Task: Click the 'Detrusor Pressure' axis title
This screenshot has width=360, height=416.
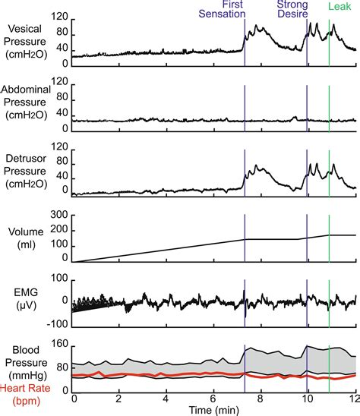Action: (x=29, y=174)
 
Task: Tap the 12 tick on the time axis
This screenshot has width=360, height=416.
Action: (x=354, y=399)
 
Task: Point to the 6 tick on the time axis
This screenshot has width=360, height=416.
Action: (x=213, y=399)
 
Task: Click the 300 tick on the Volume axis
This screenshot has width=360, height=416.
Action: (x=58, y=216)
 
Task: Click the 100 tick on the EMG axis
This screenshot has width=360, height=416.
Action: (x=58, y=279)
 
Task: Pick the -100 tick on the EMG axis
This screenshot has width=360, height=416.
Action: (x=57, y=322)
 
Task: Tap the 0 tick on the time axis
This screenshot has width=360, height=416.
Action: (x=73, y=399)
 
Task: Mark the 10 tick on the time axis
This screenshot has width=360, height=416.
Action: (x=307, y=399)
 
